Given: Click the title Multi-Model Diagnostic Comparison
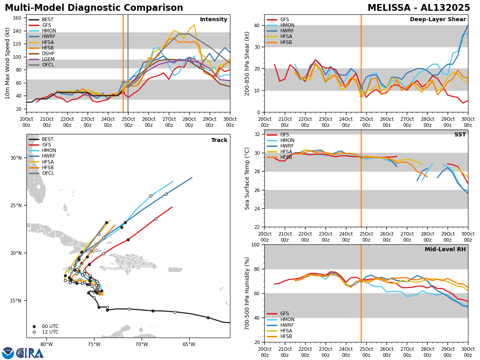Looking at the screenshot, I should (x=94, y=8).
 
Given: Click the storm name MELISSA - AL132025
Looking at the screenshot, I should (x=419, y=8).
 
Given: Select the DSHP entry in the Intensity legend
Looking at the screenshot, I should (x=48, y=54).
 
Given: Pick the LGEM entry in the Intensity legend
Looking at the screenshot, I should (x=48, y=59).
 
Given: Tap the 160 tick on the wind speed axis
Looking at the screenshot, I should (x=18, y=18).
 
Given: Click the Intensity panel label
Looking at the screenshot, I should (x=214, y=20).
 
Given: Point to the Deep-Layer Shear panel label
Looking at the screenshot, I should (x=438, y=20).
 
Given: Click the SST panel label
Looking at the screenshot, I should (x=460, y=135).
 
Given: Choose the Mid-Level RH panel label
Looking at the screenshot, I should (x=445, y=250).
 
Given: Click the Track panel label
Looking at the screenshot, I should (x=219, y=140).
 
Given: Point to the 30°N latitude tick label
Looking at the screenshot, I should (x=16, y=158).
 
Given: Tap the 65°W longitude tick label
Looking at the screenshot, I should (x=189, y=345).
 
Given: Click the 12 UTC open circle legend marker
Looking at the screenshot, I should (x=34, y=332).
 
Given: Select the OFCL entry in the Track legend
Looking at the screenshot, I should (x=48, y=173).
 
